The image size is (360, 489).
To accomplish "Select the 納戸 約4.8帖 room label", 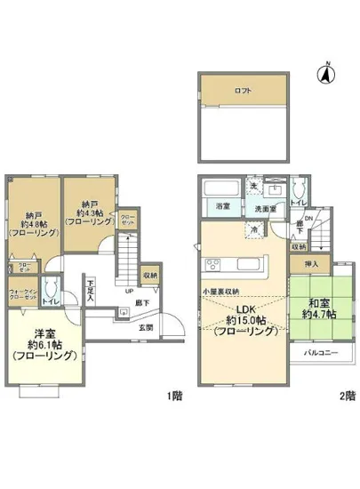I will (x=34, y=222).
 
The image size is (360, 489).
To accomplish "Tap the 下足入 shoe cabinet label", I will (x=91, y=292).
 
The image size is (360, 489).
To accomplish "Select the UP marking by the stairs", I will (x=129, y=291).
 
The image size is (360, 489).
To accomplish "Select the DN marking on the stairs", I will (x=308, y=219).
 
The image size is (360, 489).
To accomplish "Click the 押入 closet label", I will (x=311, y=265).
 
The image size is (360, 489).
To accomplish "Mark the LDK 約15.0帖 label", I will (x=240, y=320).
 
